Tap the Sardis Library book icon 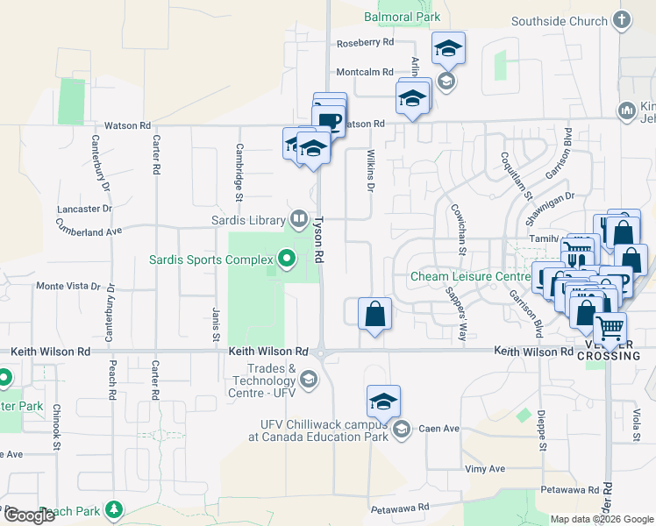pos(298,219)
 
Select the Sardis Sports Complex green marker pos(285,259)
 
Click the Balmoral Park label pos(402,17)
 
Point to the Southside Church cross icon pos(622,21)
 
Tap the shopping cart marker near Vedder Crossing pos(610,330)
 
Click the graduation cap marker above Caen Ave pos(383,401)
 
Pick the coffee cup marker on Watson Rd pos(330,120)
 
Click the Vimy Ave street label pos(485,469)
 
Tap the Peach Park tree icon pos(113,509)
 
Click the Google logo pos(29,515)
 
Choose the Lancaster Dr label pos(85,210)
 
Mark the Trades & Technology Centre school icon pos(308,380)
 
